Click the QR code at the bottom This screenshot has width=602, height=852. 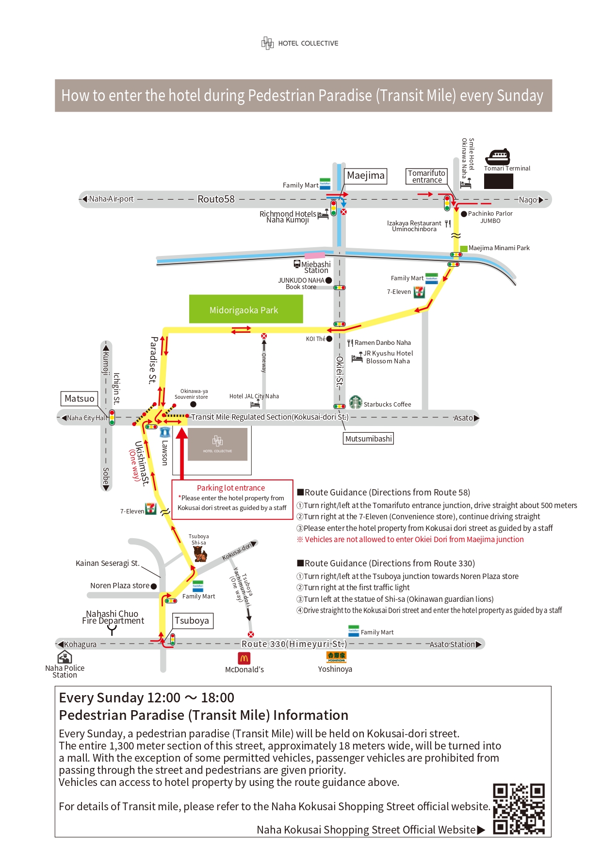(x=519, y=809)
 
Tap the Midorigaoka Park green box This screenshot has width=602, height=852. (x=246, y=309)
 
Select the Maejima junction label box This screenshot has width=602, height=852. (x=366, y=175)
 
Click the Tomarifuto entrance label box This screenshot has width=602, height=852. (x=426, y=176)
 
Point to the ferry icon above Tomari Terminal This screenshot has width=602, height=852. (x=498, y=156)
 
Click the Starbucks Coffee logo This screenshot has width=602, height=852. (x=356, y=402)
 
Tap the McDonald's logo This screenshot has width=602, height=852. (x=244, y=658)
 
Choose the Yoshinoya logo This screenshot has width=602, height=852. (x=336, y=657)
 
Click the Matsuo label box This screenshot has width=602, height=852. (x=80, y=398)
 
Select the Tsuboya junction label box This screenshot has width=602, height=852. (x=192, y=621)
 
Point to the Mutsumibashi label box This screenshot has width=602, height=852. (x=369, y=439)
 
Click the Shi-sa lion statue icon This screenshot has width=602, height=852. (x=200, y=554)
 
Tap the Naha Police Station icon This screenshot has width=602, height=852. (x=65, y=657)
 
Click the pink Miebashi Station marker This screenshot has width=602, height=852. (x=315, y=255)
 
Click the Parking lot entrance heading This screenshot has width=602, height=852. (x=231, y=488)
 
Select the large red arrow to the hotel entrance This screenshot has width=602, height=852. (x=181, y=454)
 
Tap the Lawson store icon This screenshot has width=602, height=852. (x=165, y=432)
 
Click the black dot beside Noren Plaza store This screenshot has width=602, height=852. (x=154, y=586)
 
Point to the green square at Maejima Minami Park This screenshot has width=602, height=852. (x=464, y=249)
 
